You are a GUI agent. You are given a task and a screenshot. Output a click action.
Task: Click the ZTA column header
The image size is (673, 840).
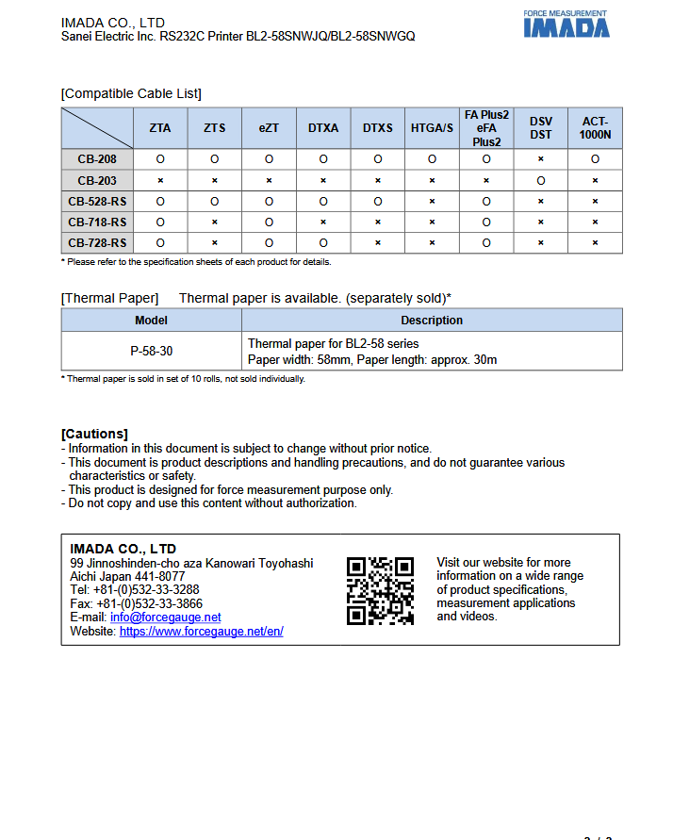tap(160, 128)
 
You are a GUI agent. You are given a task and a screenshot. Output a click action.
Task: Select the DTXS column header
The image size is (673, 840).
tap(377, 128)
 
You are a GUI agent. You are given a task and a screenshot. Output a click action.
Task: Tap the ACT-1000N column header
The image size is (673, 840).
tap(595, 128)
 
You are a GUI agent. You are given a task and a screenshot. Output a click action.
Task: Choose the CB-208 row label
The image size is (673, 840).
tap(97, 159)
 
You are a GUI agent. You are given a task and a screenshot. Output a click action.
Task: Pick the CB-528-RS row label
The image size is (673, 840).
tap(97, 201)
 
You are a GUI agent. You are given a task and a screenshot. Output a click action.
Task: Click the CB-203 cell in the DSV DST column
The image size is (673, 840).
tap(541, 180)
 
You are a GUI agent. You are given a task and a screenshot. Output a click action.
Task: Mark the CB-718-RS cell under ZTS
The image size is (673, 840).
tap(215, 222)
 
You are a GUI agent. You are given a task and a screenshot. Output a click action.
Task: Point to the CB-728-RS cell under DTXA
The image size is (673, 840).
tap(323, 242)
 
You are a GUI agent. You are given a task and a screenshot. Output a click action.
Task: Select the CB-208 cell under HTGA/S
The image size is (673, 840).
tap(432, 159)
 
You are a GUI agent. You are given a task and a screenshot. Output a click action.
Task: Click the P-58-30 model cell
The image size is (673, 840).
tap(152, 351)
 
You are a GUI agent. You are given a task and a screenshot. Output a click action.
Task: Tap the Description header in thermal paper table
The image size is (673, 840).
tap(432, 321)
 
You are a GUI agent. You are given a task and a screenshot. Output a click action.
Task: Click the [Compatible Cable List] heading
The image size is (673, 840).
tap(131, 93)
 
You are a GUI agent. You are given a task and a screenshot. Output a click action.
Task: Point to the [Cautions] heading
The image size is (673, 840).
tap(94, 434)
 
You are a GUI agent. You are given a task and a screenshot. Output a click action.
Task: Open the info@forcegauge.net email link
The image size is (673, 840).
tap(166, 618)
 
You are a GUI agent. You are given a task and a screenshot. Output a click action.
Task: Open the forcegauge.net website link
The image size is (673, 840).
tap(201, 632)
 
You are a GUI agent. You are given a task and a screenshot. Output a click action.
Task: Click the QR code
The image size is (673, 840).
tap(380, 590)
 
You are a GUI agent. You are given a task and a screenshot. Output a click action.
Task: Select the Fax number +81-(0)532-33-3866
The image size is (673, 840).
tap(149, 603)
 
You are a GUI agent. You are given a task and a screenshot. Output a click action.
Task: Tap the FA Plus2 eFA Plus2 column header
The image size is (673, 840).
tap(486, 128)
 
